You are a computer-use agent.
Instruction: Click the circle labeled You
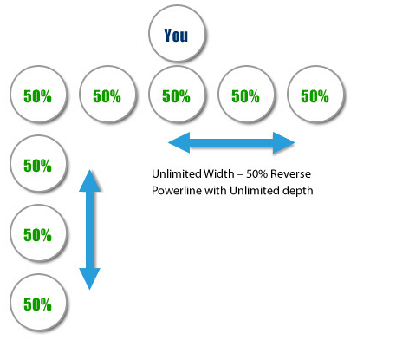click(177, 33)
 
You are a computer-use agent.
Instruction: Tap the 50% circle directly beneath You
click(177, 95)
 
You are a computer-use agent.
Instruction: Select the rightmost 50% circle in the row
click(315, 95)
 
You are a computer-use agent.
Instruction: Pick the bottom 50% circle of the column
click(38, 302)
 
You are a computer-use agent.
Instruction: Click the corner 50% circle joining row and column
click(38, 95)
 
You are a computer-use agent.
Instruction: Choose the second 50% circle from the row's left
click(107, 95)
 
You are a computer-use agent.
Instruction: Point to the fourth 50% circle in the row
click(246, 95)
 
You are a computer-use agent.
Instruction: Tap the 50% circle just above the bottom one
click(38, 232)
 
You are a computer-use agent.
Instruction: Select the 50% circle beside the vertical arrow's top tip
click(38, 163)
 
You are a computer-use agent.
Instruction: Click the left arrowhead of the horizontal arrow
click(179, 142)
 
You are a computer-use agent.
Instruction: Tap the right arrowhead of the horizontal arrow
click(283, 142)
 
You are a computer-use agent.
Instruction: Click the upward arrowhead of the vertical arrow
click(90, 180)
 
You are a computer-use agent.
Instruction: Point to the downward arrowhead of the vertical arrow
click(90, 278)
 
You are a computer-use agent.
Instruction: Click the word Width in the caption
click(218, 173)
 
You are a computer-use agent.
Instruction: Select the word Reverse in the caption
click(290, 174)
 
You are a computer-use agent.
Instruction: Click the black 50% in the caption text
click(256, 174)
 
